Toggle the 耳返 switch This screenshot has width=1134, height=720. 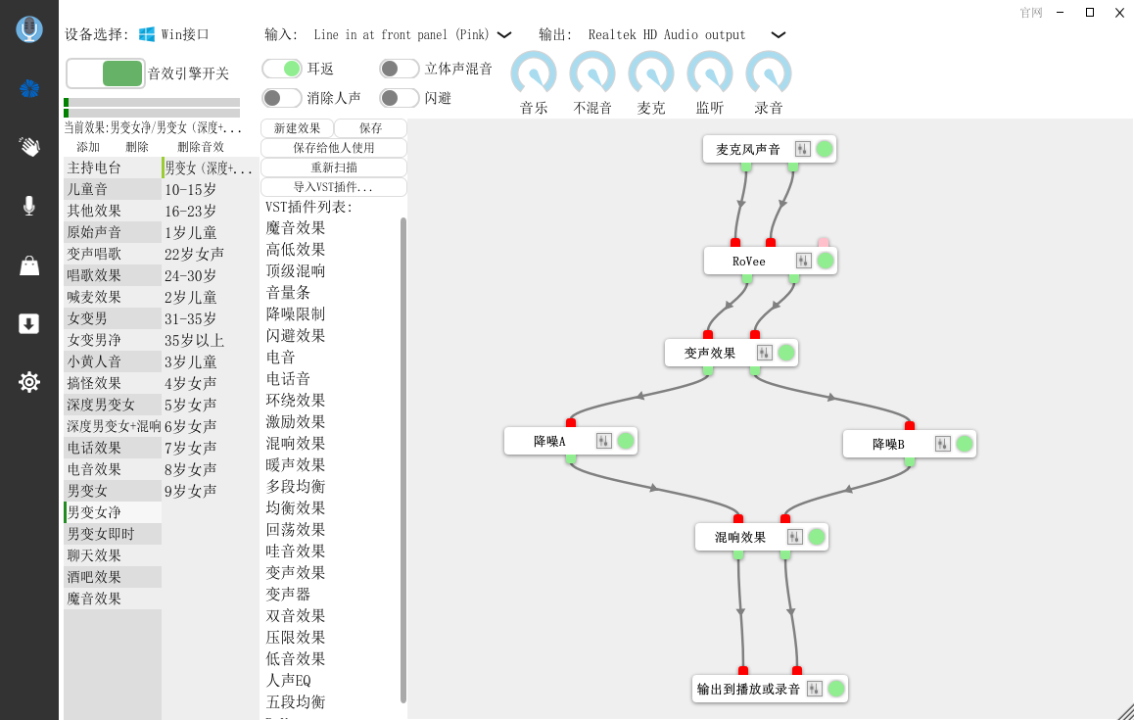tap(281, 69)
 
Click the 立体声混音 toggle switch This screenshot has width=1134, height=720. tap(400, 69)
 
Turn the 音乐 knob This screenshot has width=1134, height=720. tap(534, 73)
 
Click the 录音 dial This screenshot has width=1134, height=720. tap(768, 73)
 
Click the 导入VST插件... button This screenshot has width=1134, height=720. tap(333, 187)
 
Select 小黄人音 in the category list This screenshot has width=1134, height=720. tap(94, 361)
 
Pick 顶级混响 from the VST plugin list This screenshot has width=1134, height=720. tap(295, 270)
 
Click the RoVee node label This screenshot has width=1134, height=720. tap(748, 262)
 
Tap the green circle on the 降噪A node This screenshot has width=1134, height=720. tap(626, 441)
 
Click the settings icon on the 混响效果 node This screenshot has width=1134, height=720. tap(794, 537)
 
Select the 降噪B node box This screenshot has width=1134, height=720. tap(909, 444)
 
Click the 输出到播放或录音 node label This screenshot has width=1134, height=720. tap(748, 689)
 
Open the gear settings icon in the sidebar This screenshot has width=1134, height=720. tap(29, 381)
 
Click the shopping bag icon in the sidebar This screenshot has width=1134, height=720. tap(29, 265)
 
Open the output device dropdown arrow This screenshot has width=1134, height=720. tap(779, 34)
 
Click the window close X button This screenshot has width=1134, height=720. tap(1118, 13)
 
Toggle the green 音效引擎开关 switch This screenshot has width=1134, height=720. tap(106, 73)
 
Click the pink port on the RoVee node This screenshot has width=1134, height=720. tap(823, 242)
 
